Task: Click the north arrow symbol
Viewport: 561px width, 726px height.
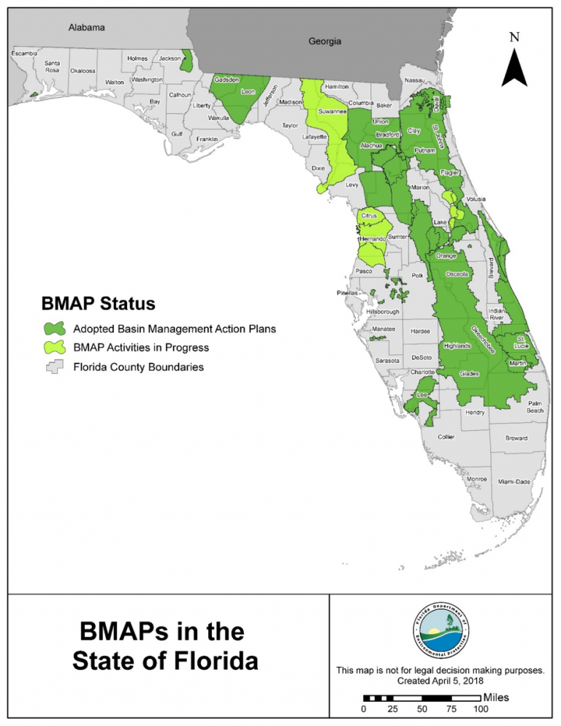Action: coord(514,64)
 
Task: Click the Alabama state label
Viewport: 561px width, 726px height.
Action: coord(87,28)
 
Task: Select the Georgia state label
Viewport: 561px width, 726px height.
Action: coord(324,42)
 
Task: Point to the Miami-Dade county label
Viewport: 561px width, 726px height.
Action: coord(515,483)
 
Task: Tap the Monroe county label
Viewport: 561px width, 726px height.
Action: coord(476,478)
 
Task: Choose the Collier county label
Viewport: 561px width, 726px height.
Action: coord(446,437)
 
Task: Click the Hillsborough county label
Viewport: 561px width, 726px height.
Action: coord(383,311)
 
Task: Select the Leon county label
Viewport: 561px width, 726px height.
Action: coord(248,92)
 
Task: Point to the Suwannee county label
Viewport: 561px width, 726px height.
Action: coord(332,112)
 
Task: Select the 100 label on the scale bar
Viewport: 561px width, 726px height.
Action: coord(479,709)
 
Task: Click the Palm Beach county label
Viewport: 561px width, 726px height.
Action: coord(535,407)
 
